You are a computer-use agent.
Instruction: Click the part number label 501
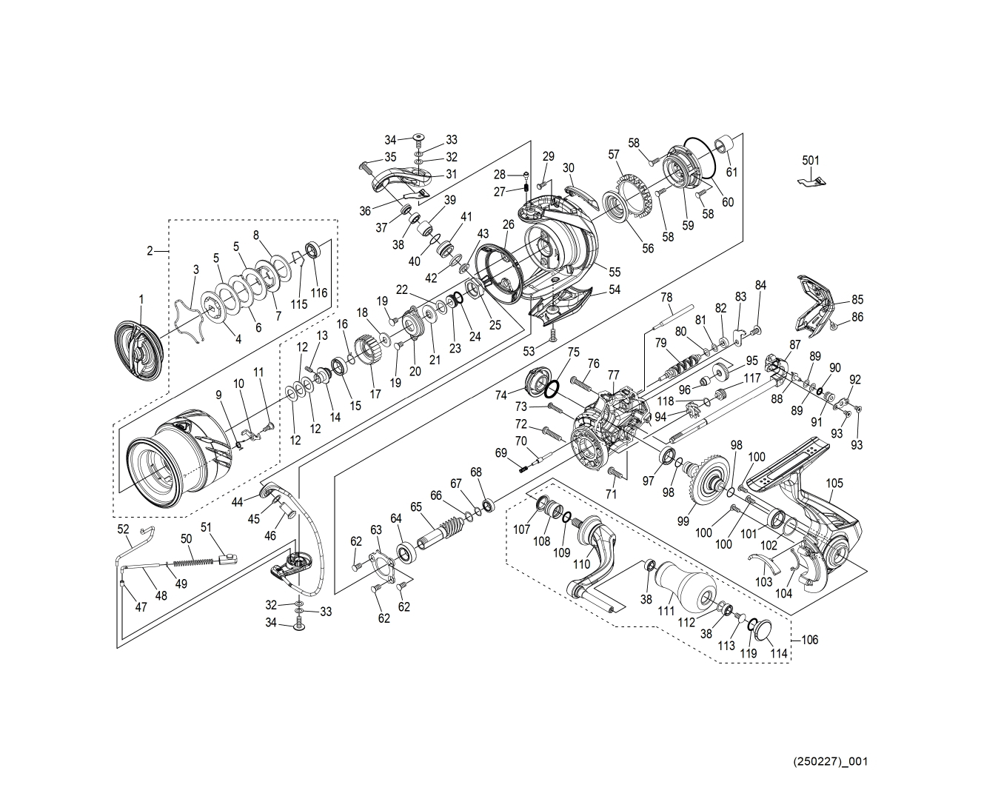click(x=811, y=160)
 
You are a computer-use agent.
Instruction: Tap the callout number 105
click(x=834, y=484)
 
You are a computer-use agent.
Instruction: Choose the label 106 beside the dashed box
click(x=810, y=640)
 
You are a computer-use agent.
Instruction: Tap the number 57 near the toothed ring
click(x=613, y=154)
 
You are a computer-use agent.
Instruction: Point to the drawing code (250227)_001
click(x=830, y=761)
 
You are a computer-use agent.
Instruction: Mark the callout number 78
click(x=666, y=297)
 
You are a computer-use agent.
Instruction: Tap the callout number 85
click(x=857, y=300)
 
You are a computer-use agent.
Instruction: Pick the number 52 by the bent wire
click(x=124, y=529)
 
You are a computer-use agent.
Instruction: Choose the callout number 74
click(x=500, y=395)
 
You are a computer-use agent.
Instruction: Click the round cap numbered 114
click(x=761, y=634)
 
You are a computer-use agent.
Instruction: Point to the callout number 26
click(x=508, y=224)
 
